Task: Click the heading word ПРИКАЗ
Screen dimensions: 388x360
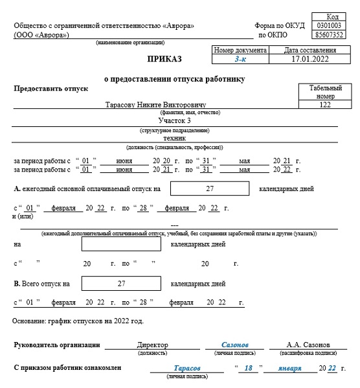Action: pos(164,59)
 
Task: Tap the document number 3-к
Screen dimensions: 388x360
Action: pos(240,59)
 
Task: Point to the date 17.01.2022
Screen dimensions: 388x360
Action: pos(310,59)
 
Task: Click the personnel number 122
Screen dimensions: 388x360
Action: pos(325,104)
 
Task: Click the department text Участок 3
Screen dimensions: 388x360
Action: pos(175,120)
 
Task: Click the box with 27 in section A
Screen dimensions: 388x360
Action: pos(209,188)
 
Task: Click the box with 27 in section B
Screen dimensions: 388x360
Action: pos(121,283)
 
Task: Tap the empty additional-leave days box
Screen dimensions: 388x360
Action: pos(121,245)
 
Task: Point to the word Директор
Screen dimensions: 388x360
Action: pos(153,345)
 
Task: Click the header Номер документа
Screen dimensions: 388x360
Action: pos(240,50)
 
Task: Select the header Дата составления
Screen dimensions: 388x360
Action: pos(310,50)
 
